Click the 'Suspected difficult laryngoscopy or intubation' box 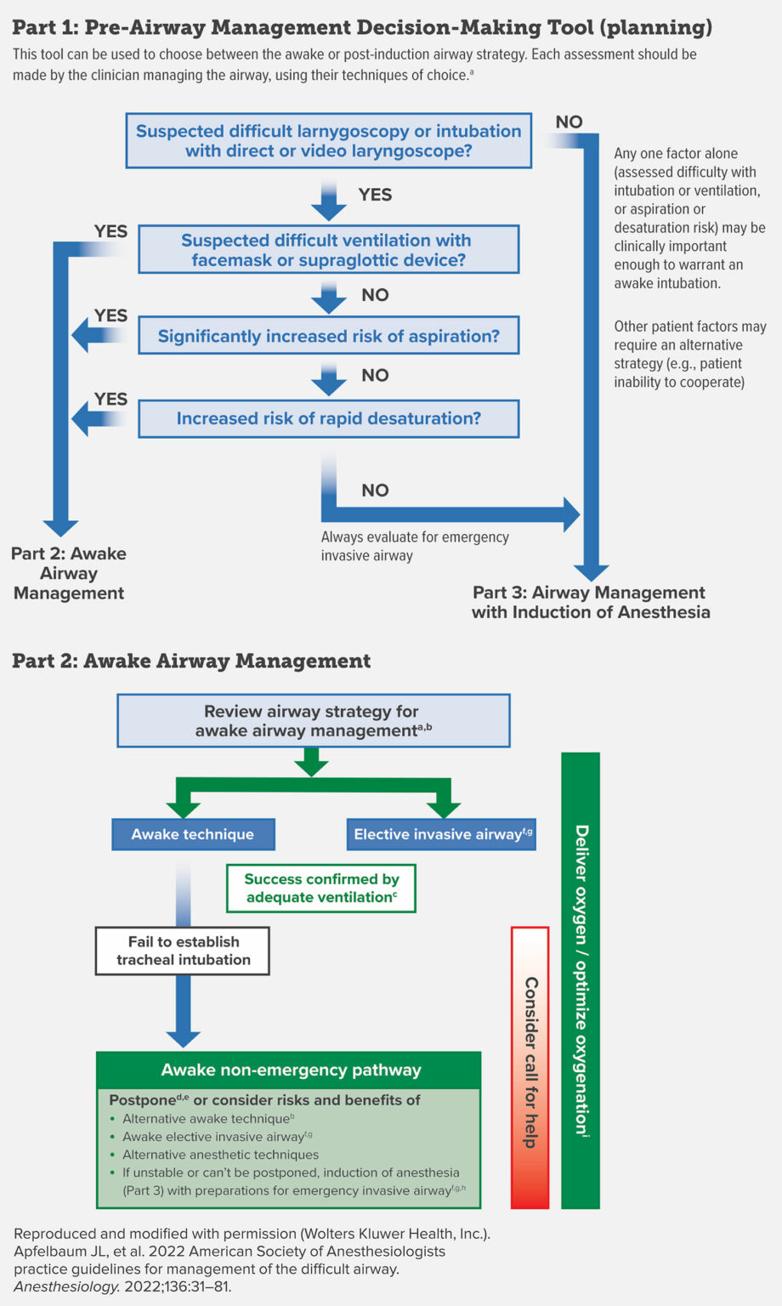[x=328, y=141]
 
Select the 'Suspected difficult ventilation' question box [x=328, y=250]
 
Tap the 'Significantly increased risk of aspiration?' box [x=328, y=336]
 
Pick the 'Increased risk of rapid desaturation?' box [x=328, y=418]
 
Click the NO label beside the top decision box [x=569, y=122]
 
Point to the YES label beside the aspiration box [x=110, y=315]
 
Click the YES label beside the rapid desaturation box [x=110, y=399]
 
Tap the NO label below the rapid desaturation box [x=375, y=490]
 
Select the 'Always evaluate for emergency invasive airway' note [x=415, y=546]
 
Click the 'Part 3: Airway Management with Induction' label [x=590, y=602]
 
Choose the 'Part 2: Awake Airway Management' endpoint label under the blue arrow [x=69, y=573]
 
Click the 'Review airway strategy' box [x=313, y=721]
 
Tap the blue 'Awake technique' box [x=193, y=834]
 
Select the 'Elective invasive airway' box [x=441, y=834]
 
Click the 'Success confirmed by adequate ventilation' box [x=320, y=888]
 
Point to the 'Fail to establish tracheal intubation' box [x=183, y=951]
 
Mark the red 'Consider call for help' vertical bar [x=530, y=1066]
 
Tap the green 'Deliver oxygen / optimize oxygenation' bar [x=581, y=979]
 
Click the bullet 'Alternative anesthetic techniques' [x=220, y=1155]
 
